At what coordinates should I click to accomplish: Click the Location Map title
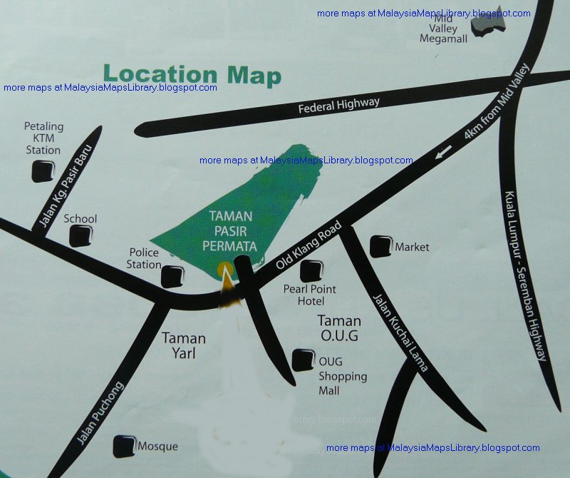192,74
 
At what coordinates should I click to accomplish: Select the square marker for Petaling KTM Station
43,171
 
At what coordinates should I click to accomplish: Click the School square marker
81,235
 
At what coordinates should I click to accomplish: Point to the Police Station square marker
172,275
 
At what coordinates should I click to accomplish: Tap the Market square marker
380,246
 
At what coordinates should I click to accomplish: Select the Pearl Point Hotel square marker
311,271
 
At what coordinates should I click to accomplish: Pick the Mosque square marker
125,445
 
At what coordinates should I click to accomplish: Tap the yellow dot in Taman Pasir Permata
225,270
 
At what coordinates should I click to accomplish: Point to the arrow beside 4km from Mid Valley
444,151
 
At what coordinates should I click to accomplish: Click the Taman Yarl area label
184,345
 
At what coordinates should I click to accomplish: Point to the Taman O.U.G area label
338,328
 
